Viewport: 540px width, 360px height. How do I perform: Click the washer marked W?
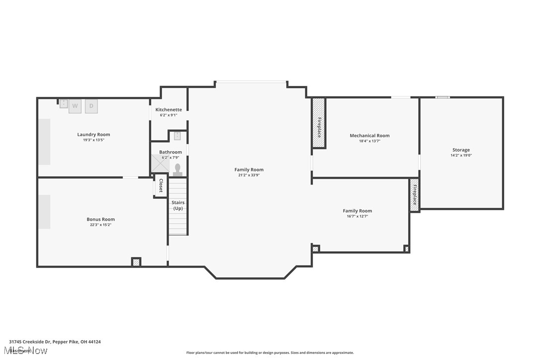pos(75,106)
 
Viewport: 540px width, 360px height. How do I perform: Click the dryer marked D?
pos(91,106)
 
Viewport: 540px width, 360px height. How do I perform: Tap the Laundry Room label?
pos(93,134)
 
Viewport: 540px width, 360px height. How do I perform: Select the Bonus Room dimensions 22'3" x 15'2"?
pos(100,225)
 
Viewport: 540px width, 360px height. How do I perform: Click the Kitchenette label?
pos(169,109)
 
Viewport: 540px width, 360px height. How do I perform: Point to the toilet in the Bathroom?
pos(178,169)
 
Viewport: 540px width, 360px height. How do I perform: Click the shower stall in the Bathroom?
pos(160,165)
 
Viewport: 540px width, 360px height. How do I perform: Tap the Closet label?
pos(161,186)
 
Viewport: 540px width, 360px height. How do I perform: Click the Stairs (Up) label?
pos(178,205)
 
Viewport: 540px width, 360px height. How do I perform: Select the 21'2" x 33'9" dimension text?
pos(249,175)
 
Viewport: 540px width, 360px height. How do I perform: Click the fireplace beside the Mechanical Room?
pos(319,123)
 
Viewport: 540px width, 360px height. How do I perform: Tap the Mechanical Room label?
pos(369,135)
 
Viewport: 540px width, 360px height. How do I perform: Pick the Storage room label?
pos(460,150)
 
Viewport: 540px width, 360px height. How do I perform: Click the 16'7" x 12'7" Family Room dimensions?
pos(357,216)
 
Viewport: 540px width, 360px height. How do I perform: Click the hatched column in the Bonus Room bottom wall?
pos(136,262)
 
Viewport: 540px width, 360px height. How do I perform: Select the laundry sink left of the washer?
pos(64,104)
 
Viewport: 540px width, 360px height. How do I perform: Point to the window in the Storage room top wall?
pos(442,97)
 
